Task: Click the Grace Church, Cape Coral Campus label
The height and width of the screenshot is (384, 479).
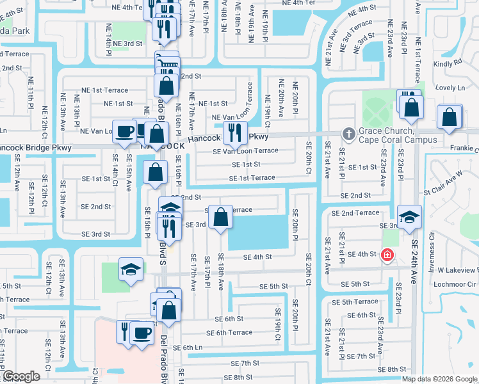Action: click(x=397, y=135)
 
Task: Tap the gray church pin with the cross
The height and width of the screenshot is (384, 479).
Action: click(x=348, y=134)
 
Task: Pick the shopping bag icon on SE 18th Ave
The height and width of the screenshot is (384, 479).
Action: click(x=220, y=218)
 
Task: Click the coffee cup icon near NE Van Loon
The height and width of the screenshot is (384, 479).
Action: click(x=125, y=131)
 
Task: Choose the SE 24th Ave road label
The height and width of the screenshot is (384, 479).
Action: click(x=414, y=253)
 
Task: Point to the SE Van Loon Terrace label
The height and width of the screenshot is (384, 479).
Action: click(x=246, y=151)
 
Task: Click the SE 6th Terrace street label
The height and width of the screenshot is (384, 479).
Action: click(x=229, y=333)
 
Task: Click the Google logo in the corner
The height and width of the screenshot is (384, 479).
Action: click(x=20, y=376)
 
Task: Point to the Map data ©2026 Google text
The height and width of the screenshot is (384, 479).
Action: click(x=439, y=379)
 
